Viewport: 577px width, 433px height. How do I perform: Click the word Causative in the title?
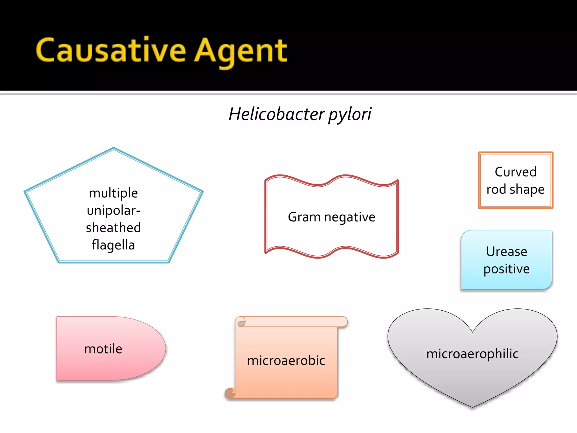click(111, 51)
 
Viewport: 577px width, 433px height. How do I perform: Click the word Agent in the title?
click(241, 52)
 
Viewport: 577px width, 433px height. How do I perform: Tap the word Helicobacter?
click(277, 114)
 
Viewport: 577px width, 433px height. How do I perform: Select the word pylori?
click(350, 115)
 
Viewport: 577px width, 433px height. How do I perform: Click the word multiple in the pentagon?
click(113, 193)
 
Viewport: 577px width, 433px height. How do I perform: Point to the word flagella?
click(113, 245)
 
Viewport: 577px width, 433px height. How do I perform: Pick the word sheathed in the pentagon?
click(113, 227)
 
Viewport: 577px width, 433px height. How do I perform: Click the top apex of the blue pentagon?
click(114, 148)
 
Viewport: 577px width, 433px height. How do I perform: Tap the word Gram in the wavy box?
click(304, 217)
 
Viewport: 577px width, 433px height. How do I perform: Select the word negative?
click(350, 217)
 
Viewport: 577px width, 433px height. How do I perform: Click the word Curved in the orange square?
click(516, 172)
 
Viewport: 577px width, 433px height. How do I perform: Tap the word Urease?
click(507, 251)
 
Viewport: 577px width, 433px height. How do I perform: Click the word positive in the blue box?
click(507, 269)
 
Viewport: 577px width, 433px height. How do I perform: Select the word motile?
click(103, 349)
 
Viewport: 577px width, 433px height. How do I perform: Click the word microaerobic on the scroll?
click(286, 361)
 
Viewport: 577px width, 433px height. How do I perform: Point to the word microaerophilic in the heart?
click(472, 354)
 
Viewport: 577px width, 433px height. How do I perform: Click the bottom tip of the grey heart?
click(472, 407)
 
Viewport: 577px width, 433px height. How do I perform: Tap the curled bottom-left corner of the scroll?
click(230, 393)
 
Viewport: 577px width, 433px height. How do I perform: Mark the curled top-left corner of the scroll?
click(240, 322)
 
